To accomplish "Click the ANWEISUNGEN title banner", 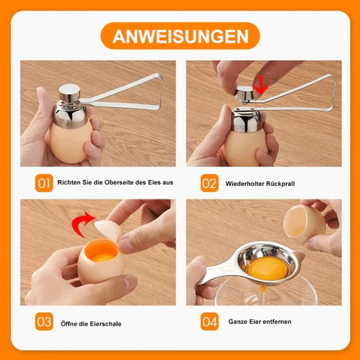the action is (x=180, y=36).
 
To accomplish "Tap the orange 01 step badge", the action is (x=44, y=183).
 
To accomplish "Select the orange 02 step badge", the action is (x=209, y=183).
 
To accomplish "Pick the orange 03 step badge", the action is (x=44, y=322).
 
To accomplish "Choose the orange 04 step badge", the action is (x=209, y=322).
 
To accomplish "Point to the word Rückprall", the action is (x=280, y=184).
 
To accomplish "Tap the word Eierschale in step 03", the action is (x=106, y=324).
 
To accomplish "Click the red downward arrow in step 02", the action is (x=261, y=85).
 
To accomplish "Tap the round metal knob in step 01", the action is (x=69, y=92).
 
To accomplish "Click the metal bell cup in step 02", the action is (x=246, y=120).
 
